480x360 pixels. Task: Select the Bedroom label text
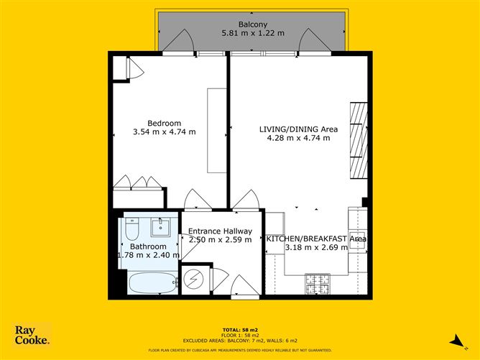pyautogui.click(x=165, y=122)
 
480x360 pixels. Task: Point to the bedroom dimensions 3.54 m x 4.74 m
pyautogui.click(x=165, y=132)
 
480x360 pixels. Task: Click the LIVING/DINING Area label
pyautogui.click(x=298, y=129)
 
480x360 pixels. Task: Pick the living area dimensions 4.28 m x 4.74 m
pyautogui.click(x=298, y=139)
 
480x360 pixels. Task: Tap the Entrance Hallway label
pyautogui.click(x=220, y=231)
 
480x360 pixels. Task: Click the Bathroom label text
pyautogui.click(x=148, y=246)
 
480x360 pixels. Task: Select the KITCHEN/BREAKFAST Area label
pyautogui.click(x=316, y=239)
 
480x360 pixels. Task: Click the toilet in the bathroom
pyautogui.click(x=131, y=229)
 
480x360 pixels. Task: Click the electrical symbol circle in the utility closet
pyautogui.click(x=194, y=280)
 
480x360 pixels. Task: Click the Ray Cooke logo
pyautogui.click(x=32, y=336)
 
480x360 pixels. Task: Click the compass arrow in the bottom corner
pyautogui.click(x=454, y=340)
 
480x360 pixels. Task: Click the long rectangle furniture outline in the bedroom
pyautogui.click(x=217, y=130)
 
